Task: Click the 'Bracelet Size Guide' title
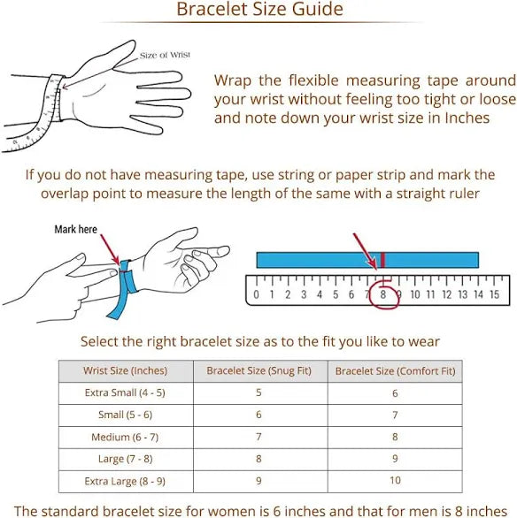(x=259, y=9)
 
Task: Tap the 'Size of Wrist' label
(x=165, y=55)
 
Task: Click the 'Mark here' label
(x=76, y=229)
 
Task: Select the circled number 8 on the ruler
(x=383, y=294)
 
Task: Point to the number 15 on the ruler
(x=494, y=294)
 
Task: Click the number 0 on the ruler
(x=256, y=294)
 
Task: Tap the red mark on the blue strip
(x=382, y=260)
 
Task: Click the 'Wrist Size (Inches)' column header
(x=125, y=370)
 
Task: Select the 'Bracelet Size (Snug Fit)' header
(x=259, y=370)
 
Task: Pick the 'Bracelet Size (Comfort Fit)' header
(x=396, y=371)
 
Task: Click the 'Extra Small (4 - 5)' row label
(x=125, y=392)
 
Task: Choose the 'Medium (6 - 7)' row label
(x=125, y=437)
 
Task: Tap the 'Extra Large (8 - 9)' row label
(x=125, y=482)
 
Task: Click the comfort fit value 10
(x=395, y=480)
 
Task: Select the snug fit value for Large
(x=258, y=459)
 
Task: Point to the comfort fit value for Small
(x=395, y=415)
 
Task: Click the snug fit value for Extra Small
(x=258, y=392)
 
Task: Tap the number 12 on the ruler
(x=446, y=294)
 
